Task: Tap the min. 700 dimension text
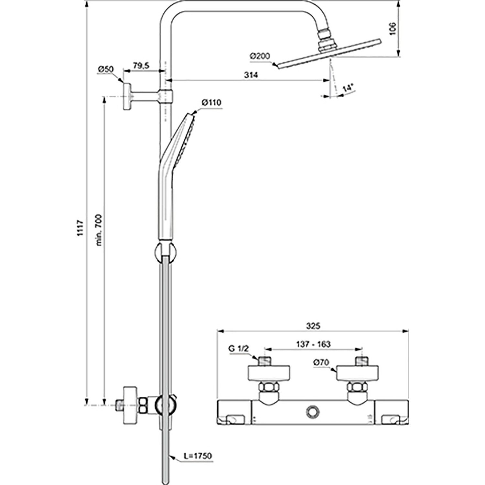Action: pos(99,230)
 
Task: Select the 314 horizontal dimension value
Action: pos(251,75)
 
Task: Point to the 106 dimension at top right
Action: pos(393,29)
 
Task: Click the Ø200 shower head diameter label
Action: pos(260,56)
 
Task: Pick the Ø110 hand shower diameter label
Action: pos(211,103)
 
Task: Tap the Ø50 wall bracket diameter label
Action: pos(105,69)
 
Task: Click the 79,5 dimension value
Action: pos(141,66)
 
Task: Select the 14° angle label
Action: pos(348,88)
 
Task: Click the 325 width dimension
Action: pos(313,326)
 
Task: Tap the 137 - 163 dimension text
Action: pos(313,344)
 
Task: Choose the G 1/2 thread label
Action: pos(239,349)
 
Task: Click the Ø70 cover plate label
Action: pos(321,363)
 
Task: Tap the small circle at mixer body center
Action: pos(313,411)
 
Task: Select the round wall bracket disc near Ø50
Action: pos(127,96)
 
